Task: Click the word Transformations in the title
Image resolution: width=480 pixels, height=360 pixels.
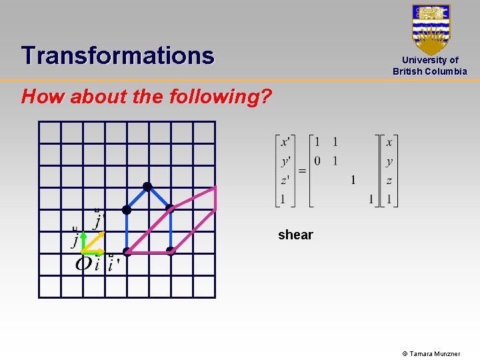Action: coord(117,55)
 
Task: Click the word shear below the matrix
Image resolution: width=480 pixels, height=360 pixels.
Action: coord(295,235)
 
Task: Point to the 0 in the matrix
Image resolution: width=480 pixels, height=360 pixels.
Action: coord(317,161)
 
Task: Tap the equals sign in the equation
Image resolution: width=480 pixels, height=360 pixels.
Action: coord(302,171)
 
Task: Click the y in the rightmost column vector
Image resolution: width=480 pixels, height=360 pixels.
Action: coord(389,161)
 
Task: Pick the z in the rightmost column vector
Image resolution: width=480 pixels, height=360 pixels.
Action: coord(389,180)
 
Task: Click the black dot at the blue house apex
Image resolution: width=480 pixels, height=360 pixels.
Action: coord(147,187)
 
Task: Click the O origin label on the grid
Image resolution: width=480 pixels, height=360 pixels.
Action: coord(83,264)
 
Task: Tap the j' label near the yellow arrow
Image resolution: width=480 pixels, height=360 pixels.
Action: coord(99,219)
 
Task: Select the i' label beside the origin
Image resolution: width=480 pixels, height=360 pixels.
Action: coord(113,265)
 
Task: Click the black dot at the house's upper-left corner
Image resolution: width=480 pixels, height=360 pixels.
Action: coord(126,209)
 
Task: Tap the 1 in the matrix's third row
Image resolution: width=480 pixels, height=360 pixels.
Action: coord(353,180)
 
